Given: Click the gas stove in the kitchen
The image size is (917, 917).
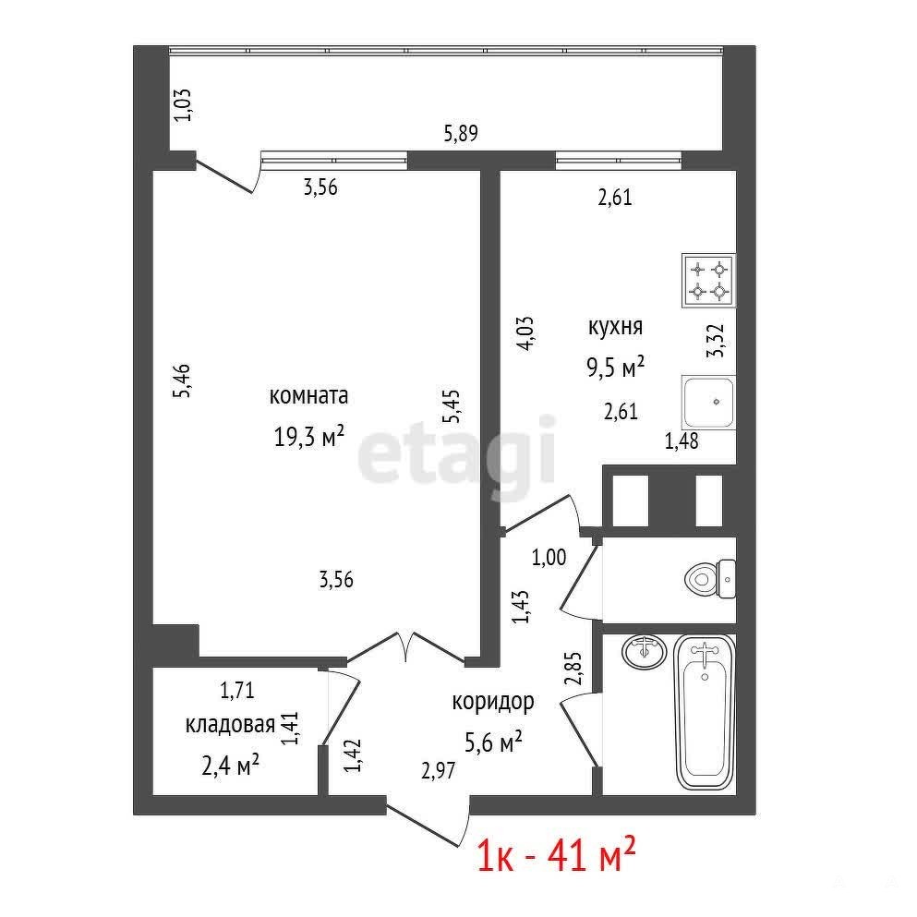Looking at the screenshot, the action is [x=708, y=280].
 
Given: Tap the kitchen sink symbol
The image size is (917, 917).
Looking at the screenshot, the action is [x=708, y=403].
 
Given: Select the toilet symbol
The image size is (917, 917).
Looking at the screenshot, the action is [x=710, y=579].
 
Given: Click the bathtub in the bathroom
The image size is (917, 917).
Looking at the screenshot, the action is [x=705, y=712].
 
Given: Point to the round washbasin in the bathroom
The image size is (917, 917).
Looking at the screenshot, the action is [x=644, y=651].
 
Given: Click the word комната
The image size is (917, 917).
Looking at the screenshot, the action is [x=308, y=396].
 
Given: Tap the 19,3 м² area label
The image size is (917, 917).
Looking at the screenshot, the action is [x=308, y=436].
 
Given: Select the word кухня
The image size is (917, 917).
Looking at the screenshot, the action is [x=615, y=326].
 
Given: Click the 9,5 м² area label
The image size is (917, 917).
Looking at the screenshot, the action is [x=615, y=367].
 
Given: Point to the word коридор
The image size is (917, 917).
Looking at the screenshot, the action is [x=493, y=702].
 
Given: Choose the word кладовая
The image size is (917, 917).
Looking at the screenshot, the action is [x=230, y=725].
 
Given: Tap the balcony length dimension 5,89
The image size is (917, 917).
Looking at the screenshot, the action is [x=461, y=133].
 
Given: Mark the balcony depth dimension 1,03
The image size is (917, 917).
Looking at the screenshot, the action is [x=184, y=104].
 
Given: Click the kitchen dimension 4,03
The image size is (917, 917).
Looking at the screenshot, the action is [x=525, y=333].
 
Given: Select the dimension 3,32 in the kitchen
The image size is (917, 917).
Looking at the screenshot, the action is [x=716, y=341].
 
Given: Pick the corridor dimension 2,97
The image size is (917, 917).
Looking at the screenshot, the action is [x=438, y=770].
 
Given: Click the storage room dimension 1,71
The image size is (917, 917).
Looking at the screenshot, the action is [x=236, y=690].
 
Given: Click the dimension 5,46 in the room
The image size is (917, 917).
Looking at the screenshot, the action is [x=182, y=381].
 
